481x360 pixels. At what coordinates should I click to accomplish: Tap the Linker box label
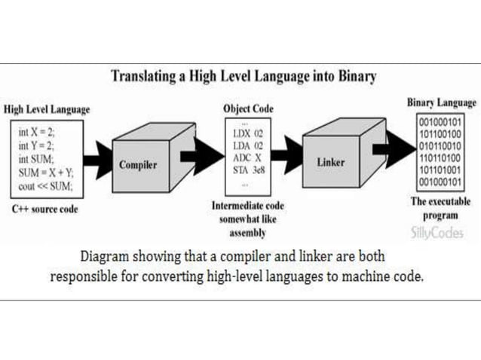(x=331, y=162)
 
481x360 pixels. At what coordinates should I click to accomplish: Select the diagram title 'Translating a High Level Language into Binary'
(x=244, y=76)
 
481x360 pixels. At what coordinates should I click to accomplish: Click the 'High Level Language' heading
(x=47, y=109)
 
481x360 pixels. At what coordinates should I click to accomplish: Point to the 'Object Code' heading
(x=248, y=108)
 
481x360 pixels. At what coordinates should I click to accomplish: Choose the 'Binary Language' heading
(x=442, y=102)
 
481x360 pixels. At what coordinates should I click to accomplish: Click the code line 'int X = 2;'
(x=36, y=131)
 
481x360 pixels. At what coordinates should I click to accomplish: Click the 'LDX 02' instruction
(x=247, y=133)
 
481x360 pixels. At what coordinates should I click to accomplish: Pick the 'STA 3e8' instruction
(x=248, y=171)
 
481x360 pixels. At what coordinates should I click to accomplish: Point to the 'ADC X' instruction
(x=247, y=158)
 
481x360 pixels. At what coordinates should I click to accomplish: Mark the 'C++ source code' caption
(x=44, y=209)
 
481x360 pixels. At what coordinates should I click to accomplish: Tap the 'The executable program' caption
(x=441, y=209)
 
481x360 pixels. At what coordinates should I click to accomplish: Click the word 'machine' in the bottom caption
(x=365, y=276)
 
